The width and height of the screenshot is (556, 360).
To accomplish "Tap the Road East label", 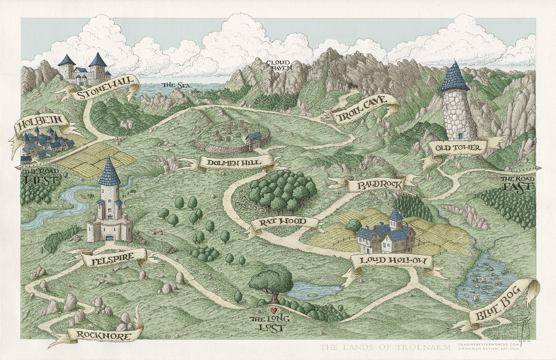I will coord(518,183).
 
